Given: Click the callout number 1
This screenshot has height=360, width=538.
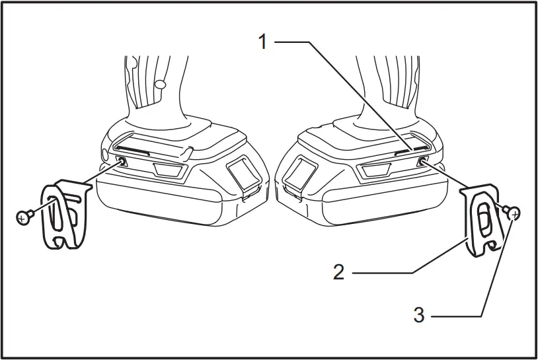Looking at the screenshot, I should pyautogui.click(x=263, y=42).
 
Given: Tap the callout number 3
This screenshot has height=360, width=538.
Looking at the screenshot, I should pyautogui.click(x=418, y=315).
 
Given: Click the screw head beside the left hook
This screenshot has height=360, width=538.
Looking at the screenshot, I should pyautogui.click(x=24, y=215).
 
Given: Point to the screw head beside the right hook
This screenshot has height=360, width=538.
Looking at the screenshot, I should pyautogui.click(x=514, y=212).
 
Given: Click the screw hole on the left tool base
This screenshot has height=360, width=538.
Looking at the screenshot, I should pyautogui.click(x=122, y=161).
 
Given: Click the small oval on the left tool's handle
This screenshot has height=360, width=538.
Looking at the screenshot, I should pyautogui.click(x=159, y=84).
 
